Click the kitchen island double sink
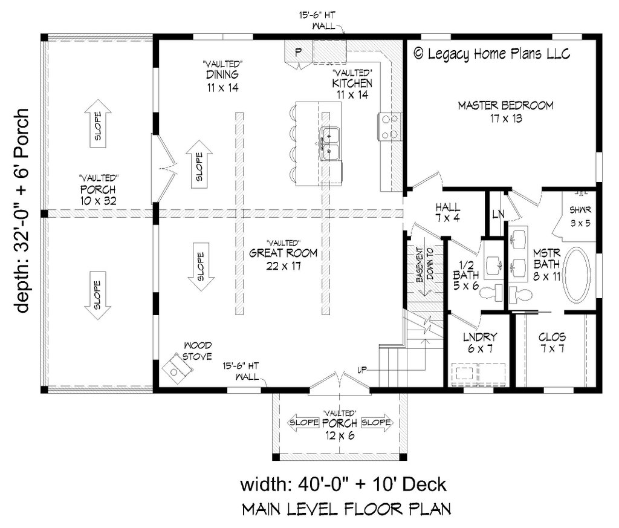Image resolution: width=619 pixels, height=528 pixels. coord(329,143)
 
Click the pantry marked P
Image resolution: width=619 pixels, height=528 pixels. coord(298,53)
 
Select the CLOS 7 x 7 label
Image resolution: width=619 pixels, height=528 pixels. coord(552,342)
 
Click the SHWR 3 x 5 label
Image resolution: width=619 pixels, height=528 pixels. coord(580,216)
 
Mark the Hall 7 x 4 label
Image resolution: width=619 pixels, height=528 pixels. coord(447,212)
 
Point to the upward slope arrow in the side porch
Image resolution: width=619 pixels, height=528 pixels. coord(97,124)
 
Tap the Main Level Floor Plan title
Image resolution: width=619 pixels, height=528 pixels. coord(346,510)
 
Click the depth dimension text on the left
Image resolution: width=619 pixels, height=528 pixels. coord(22,210)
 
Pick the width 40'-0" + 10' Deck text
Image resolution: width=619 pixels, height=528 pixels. coord(343,484)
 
